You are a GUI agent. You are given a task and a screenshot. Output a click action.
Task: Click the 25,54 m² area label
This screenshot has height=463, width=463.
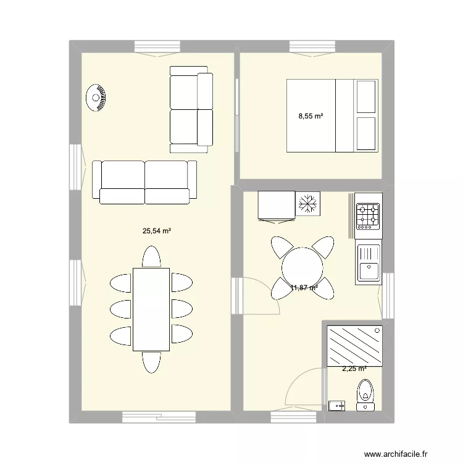point(156,231)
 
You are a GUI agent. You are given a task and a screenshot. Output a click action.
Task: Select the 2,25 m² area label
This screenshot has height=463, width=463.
point(354,369)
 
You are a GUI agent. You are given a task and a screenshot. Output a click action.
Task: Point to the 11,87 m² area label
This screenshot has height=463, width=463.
point(304,288)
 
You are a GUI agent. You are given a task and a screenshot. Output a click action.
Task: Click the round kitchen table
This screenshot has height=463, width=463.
point(302,267)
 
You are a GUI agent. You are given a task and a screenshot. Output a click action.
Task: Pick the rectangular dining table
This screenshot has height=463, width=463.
point(151,309)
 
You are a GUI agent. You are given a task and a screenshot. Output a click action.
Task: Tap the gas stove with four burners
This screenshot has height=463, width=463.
point(369,214)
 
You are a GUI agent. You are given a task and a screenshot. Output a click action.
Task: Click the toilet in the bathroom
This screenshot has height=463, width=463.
point(366,394)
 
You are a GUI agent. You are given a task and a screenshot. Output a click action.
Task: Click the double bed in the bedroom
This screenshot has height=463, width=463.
point(332,115)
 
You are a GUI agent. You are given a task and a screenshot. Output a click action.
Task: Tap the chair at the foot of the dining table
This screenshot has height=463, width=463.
point(151,362)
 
